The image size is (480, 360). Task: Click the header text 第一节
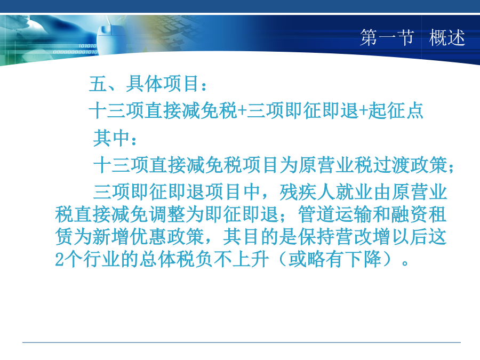[387, 38]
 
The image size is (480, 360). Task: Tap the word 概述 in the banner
[447, 38]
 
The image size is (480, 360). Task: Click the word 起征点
[396, 110]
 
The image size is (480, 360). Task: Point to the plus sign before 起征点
[363, 111]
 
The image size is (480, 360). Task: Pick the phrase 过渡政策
[410, 165]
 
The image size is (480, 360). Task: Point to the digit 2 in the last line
[59, 260]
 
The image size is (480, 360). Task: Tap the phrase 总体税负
[176, 259]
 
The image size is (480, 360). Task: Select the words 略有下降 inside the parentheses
[345, 259]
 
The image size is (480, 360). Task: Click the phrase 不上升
[242, 259]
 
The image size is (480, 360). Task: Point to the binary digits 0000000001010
[75, 52]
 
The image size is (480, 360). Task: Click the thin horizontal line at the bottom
[242, 342]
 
